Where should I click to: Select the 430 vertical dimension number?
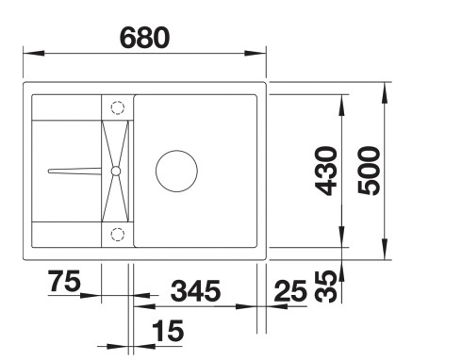click(x=326, y=171)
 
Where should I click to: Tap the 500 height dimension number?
click(x=370, y=171)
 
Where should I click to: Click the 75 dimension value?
click(x=62, y=281)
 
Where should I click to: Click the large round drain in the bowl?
click(x=177, y=171)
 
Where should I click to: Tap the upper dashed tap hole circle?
click(x=118, y=106)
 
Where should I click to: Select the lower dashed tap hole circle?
click(x=118, y=235)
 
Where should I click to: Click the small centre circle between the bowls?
click(x=116, y=171)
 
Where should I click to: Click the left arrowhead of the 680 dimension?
click(x=25, y=53)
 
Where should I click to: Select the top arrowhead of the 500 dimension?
click(x=388, y=90)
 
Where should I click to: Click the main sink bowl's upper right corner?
click(x=257, y=97)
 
